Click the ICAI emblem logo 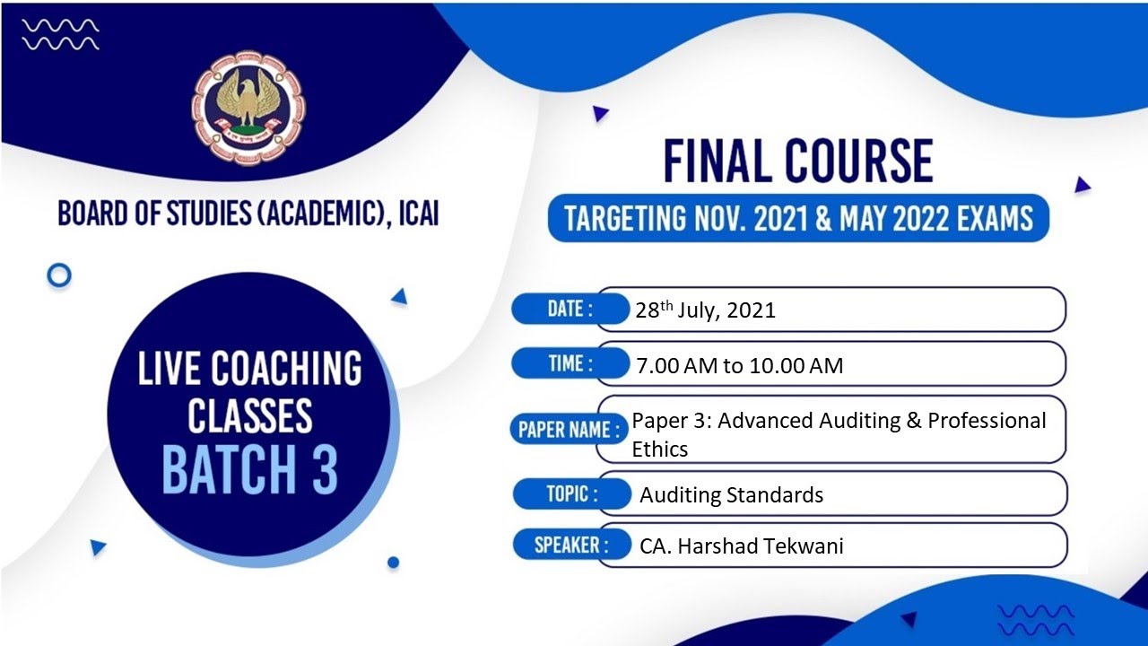248,109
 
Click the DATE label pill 570,310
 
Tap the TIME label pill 570,363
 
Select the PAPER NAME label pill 569,429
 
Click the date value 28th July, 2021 705,310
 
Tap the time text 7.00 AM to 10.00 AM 739,365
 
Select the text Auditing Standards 731,494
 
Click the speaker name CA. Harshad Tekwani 742,546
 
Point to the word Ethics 660,449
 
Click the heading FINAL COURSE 797,162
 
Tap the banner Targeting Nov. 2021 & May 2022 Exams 798,218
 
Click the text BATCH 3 249,469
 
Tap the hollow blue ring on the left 59,275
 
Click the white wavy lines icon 61,34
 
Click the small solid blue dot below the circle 393,563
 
